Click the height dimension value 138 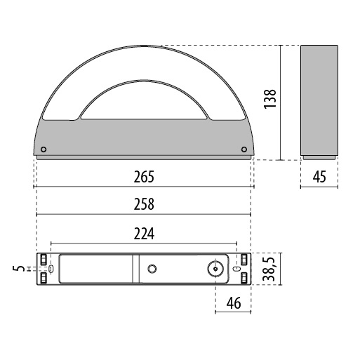point(270,102)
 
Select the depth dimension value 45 point(319,177)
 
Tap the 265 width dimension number point(143,178)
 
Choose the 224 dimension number point(143,232)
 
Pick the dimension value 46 point(234,304)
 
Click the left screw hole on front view point(45,149)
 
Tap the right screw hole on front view point(243,149)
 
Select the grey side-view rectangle point(319,102)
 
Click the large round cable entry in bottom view point(214,269)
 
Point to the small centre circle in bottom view point(152,269)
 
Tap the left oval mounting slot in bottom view point(51,269)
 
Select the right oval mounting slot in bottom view point(236,269)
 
